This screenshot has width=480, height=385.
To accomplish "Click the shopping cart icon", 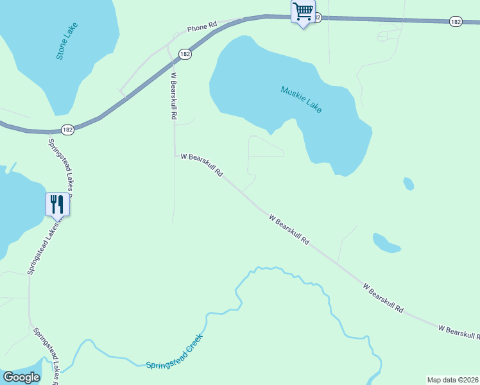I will (303, 12).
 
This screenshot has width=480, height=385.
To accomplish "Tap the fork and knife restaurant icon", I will (56, 204).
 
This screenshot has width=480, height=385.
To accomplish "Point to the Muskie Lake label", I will (301, 99).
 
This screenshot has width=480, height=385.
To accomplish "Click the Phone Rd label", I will (202, 28).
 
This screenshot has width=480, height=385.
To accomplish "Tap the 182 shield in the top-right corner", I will (456, 22).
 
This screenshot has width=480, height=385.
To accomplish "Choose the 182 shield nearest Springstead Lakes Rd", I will (68, 130).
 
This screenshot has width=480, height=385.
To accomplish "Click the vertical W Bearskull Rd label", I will (173, 96).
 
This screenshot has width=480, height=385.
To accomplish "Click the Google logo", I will (21, 377).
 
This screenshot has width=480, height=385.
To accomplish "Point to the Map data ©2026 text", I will (452, 380).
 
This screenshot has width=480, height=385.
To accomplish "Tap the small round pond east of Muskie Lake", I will (408, 184).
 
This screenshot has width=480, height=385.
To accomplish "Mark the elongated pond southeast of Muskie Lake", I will (386, 243).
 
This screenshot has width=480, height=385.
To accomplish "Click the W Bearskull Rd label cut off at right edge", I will (459, 332).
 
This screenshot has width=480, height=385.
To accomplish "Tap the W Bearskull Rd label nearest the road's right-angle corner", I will (201, 164).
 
